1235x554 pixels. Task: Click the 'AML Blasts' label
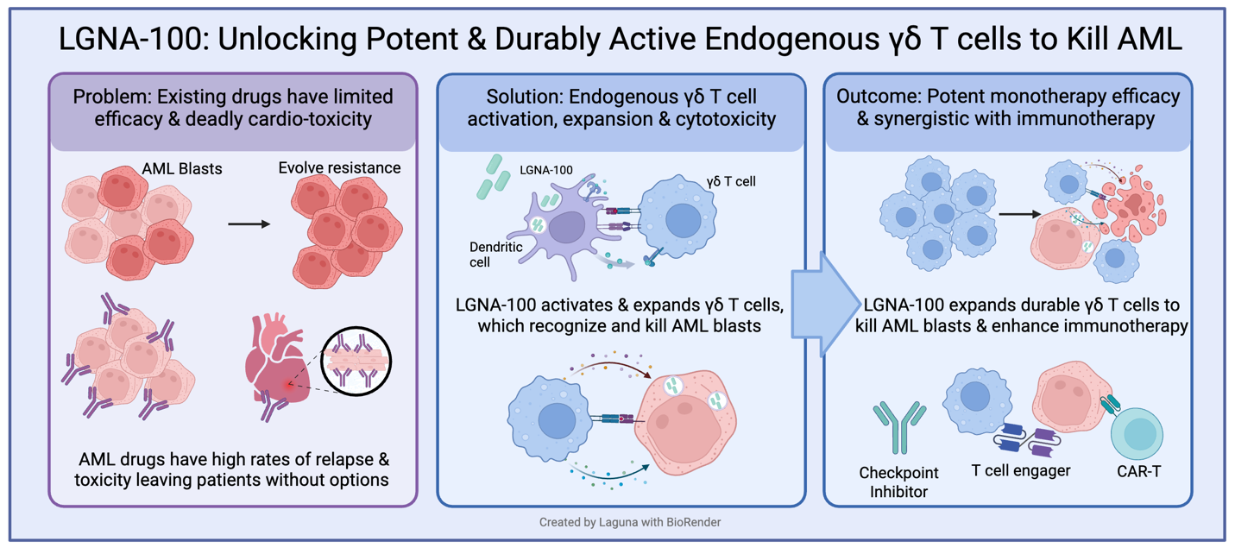182,169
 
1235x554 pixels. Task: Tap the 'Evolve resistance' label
339,167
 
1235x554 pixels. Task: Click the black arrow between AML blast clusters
249,224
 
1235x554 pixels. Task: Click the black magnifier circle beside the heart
356,362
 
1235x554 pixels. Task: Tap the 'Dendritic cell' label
495,254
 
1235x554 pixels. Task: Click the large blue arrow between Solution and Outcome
822,305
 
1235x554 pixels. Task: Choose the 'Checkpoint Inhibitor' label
898,482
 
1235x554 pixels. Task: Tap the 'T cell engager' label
1020,470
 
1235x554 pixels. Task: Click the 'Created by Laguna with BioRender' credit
617,522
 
